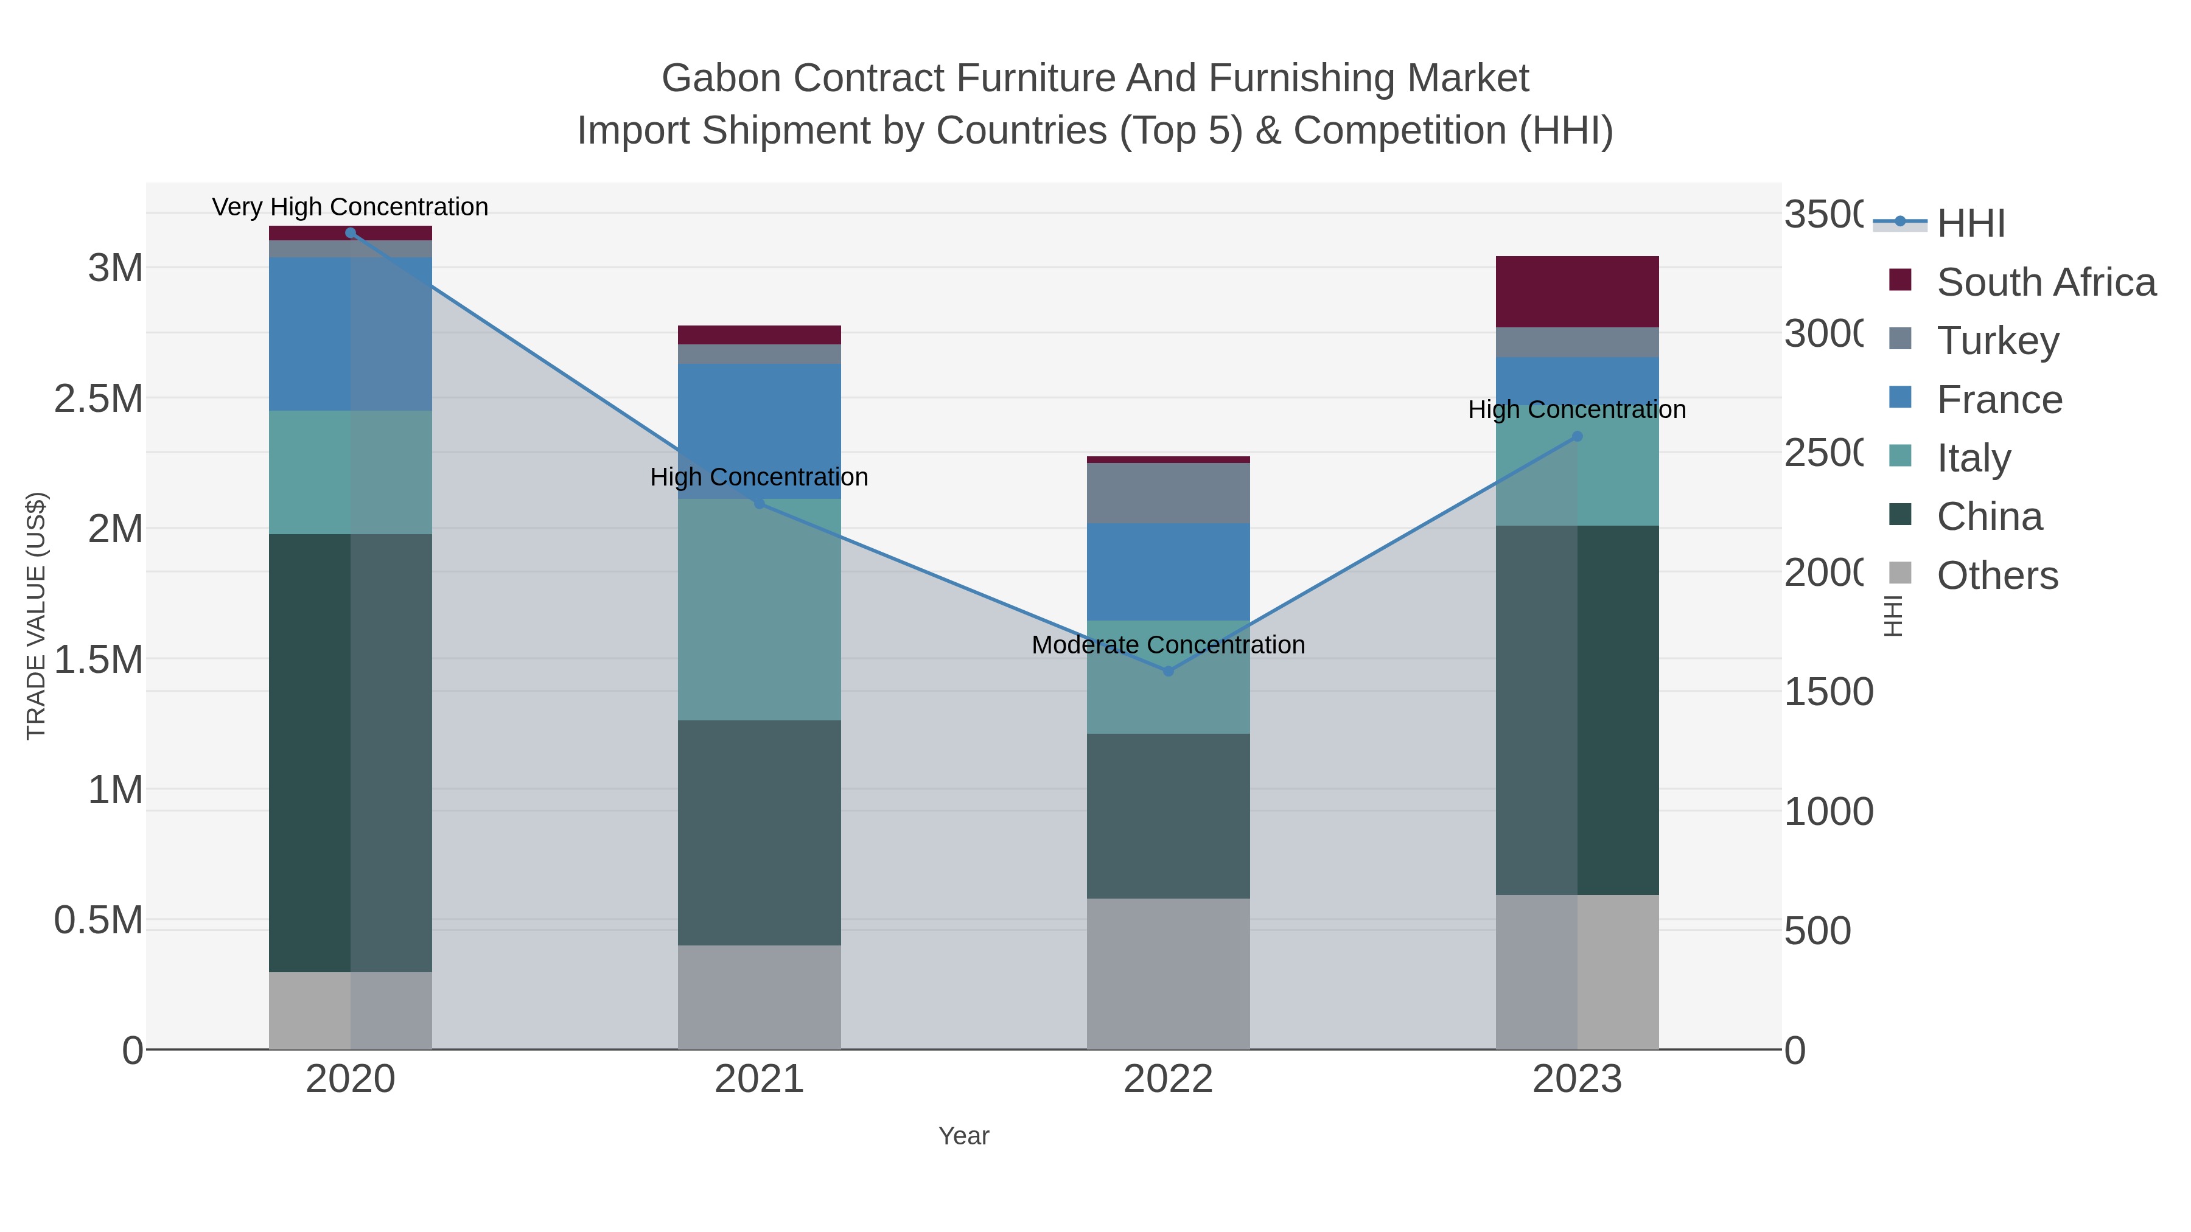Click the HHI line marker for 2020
pyautogui.click(x=351, y=233)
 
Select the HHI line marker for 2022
pyautogui.click(x=1168, y=672)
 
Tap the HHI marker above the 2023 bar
pyautogui.click(x=1577, y=436)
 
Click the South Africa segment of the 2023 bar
pyautogui.click(x=1577, y=291)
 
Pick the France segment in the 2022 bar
pyautogui.click(x=1168, y=571)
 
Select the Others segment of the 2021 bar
pyautogui.click(x=759, y=997)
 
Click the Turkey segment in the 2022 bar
pyautogui.click(x=1168, y=493)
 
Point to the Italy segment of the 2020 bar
pyautogui.click(x=351, y=472)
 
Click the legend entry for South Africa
pyautogui.click(x=2046, y=282)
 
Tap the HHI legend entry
pyautogui.click(x=1970, y=224)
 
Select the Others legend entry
pyautogui.click(x=1996, y=576)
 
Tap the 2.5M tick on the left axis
pyautogui.click(x=99, y=398)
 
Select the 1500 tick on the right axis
pyautogui.click(x=1828, y=692)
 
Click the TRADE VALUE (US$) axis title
pyautogui.click(x=36, y=616)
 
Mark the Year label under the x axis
pyautogui.click(x=963, y=1136)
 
